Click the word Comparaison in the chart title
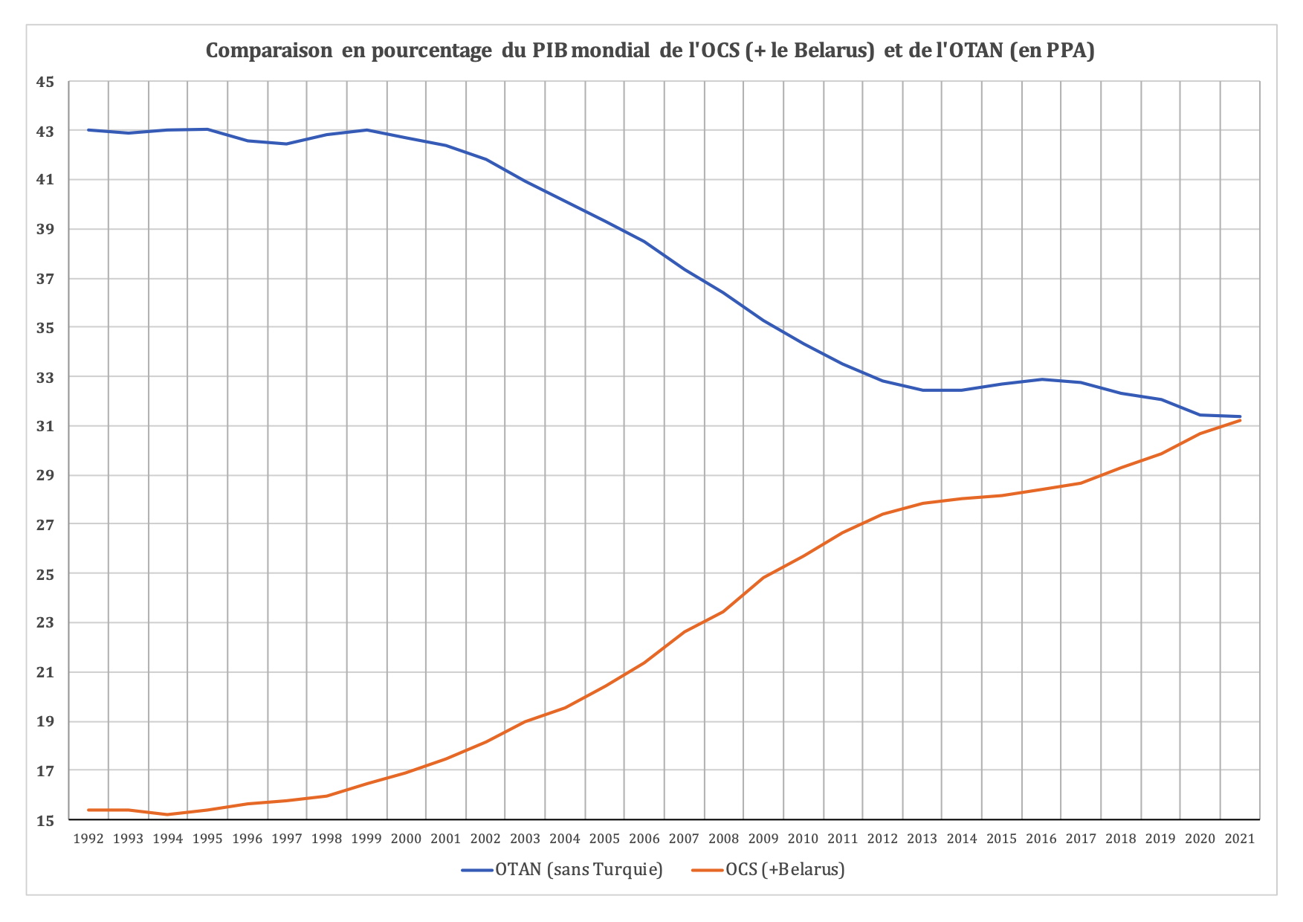(269, 51)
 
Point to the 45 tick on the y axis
(45, 82)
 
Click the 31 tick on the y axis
(45, 426)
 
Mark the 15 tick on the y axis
(45, 820)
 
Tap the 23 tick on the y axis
(45, 623)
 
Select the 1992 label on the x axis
(88, 839)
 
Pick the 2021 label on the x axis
(1239, 839)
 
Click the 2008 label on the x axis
(723, 839)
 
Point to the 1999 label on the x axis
(366, 839)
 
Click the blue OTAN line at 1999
(366, 130)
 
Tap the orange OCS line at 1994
(168, 814)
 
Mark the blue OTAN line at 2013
(922, 390)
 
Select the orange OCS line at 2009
(763, 577)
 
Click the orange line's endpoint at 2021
(1239, 420)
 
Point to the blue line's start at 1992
(88, 130)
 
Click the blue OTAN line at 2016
(1041, 379)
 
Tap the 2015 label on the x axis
(1001, 839)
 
